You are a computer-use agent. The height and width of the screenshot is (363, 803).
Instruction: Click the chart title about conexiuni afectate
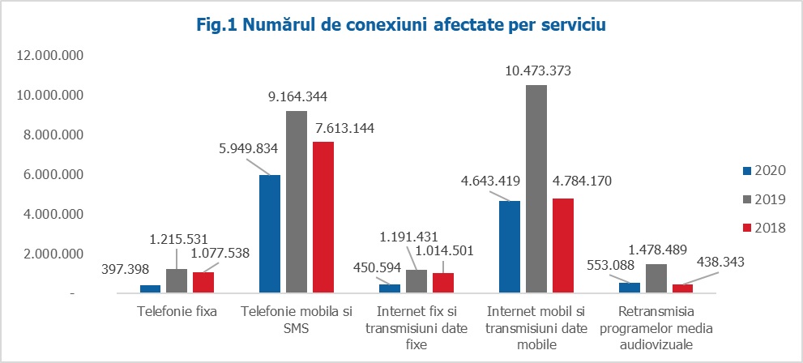pos(401,25)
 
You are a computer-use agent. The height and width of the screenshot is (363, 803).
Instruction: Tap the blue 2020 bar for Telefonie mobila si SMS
pos(269,233)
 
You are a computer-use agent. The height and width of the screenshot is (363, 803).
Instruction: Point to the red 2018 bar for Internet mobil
pos(562,245)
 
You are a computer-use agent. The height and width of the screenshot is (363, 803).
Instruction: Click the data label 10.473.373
pos(537,71)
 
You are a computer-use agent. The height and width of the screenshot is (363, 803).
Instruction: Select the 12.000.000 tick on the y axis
pos(50,56)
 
